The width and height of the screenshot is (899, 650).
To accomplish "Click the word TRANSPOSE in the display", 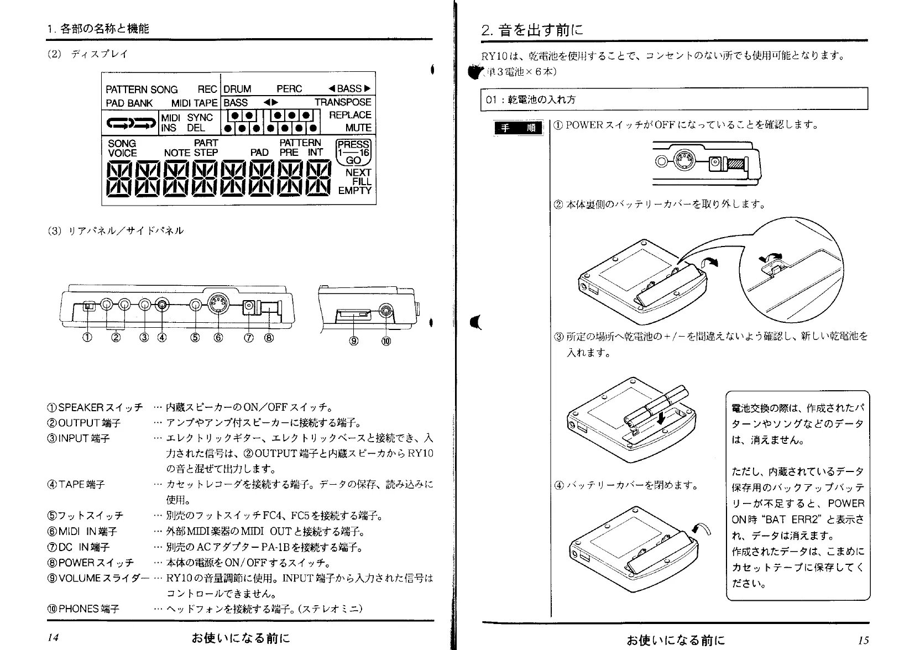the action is [343, 102].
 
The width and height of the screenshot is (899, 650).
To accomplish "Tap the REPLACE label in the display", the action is [350, 115].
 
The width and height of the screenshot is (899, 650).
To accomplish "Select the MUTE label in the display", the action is [358, 128].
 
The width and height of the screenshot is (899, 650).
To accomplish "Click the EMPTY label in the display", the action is [355, 191].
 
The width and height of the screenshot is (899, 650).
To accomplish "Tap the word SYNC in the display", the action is [200, 117].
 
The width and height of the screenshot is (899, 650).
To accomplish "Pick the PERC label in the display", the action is [289, 89].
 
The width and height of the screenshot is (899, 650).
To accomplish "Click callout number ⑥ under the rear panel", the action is [218, 338].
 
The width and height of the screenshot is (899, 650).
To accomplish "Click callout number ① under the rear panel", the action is [88, 338].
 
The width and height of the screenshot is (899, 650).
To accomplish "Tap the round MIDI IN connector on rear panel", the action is [218, 303].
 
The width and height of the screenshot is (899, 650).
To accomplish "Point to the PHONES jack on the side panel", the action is [385, 313].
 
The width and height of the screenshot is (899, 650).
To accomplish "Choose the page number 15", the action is [863, 640].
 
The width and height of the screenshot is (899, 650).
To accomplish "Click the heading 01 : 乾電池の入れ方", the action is [531, 100].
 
